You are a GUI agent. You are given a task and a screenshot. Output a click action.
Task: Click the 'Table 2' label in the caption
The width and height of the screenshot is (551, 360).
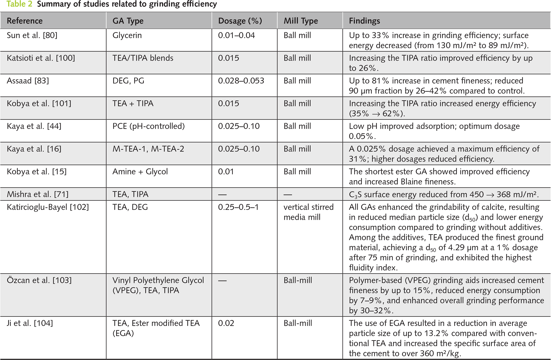tap(19, 4)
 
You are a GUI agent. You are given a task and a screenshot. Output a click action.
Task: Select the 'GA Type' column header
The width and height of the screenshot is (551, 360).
tap(128, 21)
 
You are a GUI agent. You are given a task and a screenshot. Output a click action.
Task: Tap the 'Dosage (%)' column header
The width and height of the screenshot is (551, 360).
tap(240, 21)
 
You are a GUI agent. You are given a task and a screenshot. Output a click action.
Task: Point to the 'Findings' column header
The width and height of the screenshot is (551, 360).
tap(364, 21)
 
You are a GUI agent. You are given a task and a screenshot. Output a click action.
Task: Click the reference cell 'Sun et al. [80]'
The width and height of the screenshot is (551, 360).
tap(32, 35)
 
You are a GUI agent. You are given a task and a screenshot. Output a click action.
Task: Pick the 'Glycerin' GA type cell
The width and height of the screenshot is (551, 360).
tap(127, 35)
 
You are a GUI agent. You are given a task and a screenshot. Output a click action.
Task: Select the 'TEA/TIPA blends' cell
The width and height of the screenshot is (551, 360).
tap(143, 58)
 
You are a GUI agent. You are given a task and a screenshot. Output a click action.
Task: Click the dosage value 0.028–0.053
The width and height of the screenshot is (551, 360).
tap(241, 81)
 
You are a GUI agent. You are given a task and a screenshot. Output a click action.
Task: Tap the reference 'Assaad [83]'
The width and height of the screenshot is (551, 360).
tap(28, 81)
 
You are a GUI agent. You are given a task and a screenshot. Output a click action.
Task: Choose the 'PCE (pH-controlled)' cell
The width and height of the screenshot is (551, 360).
tap(149, 126)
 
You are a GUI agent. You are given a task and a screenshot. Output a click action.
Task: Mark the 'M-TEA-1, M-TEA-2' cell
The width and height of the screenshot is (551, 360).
tap(148, 149)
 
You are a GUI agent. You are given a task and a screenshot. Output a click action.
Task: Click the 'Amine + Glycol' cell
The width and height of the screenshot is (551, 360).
tap(140, 172)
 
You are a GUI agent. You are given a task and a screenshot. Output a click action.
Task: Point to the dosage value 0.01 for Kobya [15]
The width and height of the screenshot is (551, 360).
tap(226, 172)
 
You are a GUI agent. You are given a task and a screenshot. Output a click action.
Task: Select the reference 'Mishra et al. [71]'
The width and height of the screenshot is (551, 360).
tap(38, 194)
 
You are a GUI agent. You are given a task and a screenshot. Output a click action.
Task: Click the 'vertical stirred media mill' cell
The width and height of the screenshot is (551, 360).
tap(308, 212)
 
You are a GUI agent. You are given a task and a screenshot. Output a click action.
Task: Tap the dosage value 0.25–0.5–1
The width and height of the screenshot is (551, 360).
tap(238, 207)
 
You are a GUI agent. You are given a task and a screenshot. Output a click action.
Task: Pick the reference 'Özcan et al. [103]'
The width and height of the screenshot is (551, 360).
tap(39, 280)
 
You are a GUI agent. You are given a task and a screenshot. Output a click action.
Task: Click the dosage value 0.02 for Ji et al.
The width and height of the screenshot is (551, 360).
tap(226, 323)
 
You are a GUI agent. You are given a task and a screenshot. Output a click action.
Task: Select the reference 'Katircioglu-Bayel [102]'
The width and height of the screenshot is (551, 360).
tap(48, 207)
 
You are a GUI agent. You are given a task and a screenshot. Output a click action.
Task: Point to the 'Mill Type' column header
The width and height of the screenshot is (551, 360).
tap(301, 21)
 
